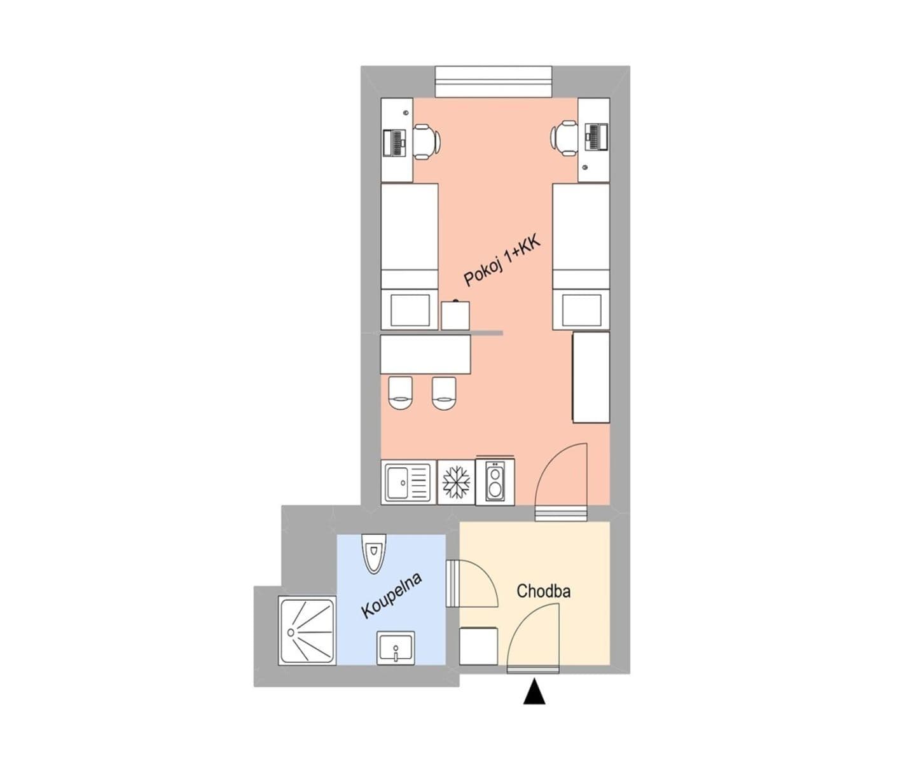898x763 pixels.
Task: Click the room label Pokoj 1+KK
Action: tap(502, 259)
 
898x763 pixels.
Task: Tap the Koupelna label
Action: tap(392, 596)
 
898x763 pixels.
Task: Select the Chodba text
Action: tap(543, 591)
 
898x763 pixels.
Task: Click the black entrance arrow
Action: tap(534, 692)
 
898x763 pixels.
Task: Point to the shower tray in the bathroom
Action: tap(306, 630)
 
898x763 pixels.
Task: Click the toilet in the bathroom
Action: tap(373, 552)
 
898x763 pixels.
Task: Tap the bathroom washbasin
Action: tap(396, 648)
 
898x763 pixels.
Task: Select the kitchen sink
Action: tap(408, 483)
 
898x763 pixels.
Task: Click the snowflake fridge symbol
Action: tap(457, 483)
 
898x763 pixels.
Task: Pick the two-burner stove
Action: tap(495, 483)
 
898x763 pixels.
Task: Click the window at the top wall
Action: tap(493, 81)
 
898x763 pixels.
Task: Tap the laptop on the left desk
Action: tap(394, 142)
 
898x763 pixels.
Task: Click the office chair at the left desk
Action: tap(425, 141)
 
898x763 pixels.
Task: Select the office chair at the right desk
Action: tap(565, 137)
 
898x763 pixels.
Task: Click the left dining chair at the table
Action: tap(401, 393)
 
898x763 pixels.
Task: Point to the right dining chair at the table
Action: tap(444, 393)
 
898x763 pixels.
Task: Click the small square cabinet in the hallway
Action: tap(478, 646)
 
